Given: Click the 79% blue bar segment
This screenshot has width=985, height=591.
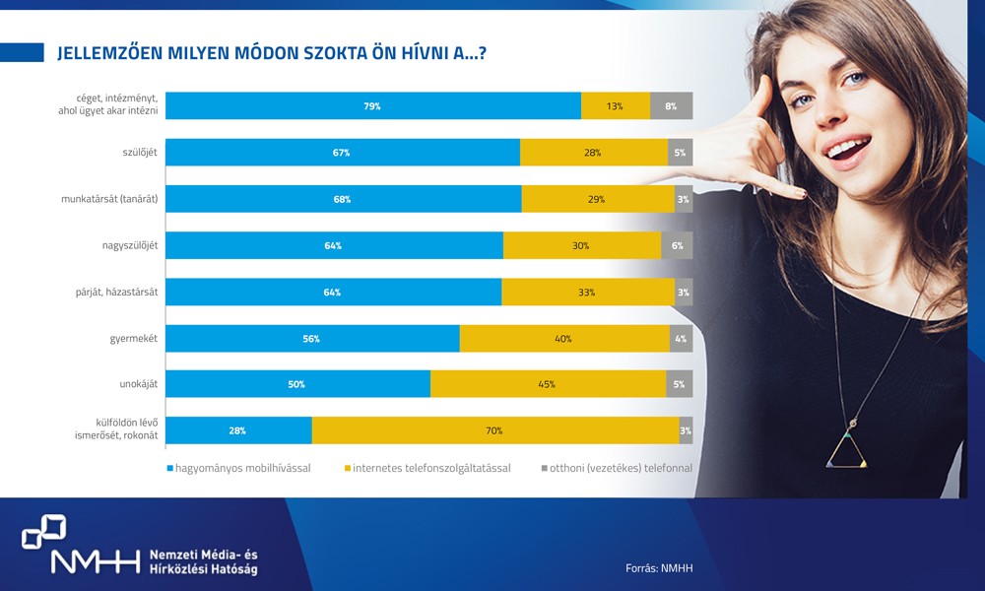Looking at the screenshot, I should [372, 106].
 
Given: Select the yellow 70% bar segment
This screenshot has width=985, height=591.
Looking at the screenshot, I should [494, 430].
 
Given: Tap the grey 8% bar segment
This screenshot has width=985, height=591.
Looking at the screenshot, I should [671, 106].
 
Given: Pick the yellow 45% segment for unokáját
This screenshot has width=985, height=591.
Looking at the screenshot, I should [548, 384].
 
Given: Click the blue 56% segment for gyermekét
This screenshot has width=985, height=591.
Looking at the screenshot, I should [312, 338].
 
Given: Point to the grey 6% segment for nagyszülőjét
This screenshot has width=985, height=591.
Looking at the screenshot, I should [677, 245].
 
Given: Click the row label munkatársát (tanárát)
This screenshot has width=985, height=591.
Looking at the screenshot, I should [110, 199].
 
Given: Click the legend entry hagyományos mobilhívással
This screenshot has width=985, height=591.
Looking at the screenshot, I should [242, 468].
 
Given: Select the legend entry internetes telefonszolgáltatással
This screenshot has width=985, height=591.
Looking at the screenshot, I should [431, 468].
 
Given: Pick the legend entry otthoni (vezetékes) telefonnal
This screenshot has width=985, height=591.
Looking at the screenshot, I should [621, 468].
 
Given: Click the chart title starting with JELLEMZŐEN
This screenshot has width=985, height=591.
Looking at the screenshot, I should [271, 53].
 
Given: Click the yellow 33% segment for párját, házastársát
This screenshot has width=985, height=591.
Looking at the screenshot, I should [588, 292].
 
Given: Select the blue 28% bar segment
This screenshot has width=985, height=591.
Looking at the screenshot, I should [238, 430].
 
